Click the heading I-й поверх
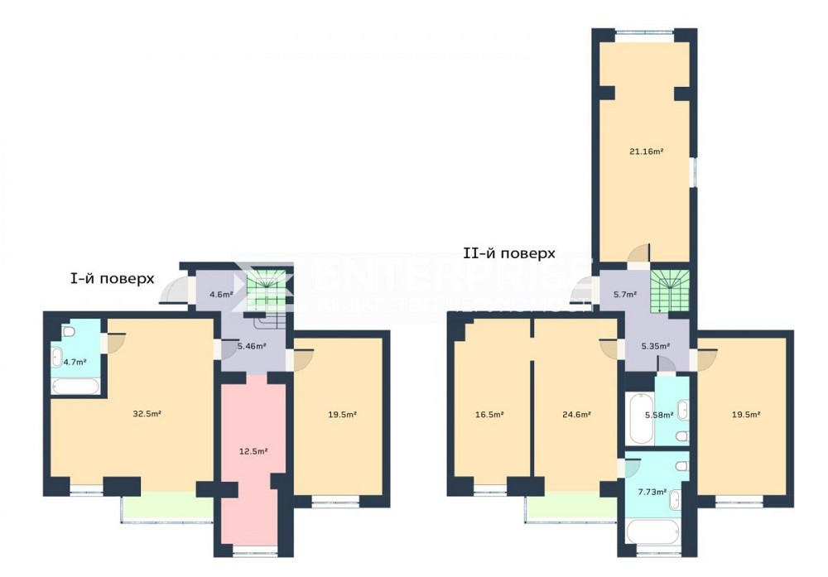pos(112,279)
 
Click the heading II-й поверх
pos(509,253)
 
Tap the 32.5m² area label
pos(147,413)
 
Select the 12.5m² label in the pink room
pos(253,451)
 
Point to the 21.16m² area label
pos(646,151)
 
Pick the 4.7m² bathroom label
pos(75,362)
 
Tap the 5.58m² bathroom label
pos(659,415)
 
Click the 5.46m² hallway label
pos(251,346)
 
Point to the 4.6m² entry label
pos(219,294)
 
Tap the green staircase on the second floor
pos(671,292)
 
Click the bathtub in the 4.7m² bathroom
pos(77,386)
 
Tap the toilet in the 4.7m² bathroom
pos(70,332)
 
